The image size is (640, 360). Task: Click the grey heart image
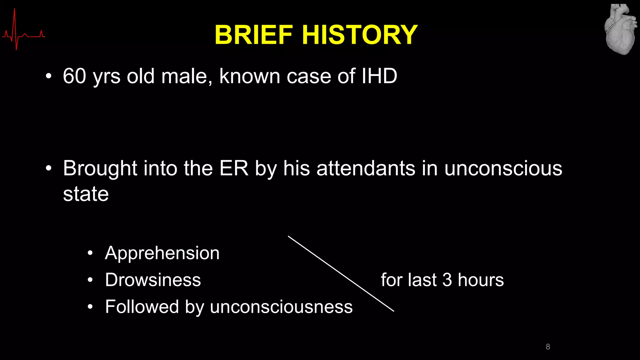pyautogui.click(x=620, y=30)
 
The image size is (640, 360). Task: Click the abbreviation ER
pyautogui.click(x=233, y=168)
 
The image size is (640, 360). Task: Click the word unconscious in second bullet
pyautogui.click(x=503, y=168)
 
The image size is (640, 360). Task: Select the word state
pyautogui.click(x=86, y=194)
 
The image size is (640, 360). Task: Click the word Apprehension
pyautogui.click(x=162, y=253)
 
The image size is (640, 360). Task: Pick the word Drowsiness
pyautogui.click(x=153, y=280)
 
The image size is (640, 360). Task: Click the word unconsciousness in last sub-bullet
pyautogui.click(x=281, y=307)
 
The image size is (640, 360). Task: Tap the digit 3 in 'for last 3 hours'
pyautogui.click(x=447, y=280)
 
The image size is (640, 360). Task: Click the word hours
pyautogui.click(x=481, y=280)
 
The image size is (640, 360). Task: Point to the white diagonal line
pyautogui.click(x=341, y=273)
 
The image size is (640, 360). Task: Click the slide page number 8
pyautogui.click(x=548, y=347)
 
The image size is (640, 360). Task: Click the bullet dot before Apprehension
pyautogui.click(x=90, y=253)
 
